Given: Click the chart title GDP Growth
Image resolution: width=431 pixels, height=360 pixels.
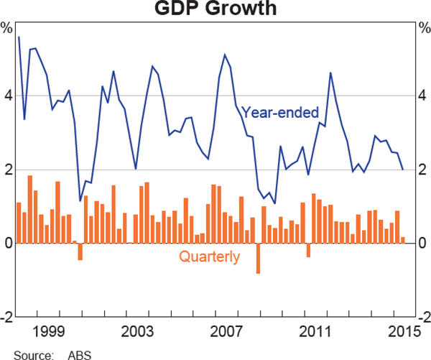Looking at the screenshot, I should click(215, 9).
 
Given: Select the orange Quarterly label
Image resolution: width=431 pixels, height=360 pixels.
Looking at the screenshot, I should click(210, 257).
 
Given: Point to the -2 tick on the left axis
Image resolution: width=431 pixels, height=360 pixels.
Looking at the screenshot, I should click(6, 317).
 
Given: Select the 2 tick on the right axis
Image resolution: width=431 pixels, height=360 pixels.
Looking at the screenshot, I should click(423, 170).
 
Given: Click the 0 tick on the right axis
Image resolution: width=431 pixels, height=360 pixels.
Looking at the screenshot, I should click(423, 244).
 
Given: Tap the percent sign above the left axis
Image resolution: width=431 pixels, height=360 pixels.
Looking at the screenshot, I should click(7, 29).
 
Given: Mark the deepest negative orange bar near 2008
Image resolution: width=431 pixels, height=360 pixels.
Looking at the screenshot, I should click(258, 258).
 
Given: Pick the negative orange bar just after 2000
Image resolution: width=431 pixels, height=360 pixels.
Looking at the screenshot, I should click(80, 251).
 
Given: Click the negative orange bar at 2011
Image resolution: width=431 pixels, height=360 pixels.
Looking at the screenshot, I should click(308, 250).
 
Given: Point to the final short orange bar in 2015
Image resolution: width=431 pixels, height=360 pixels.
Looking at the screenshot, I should click(403, 240).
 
